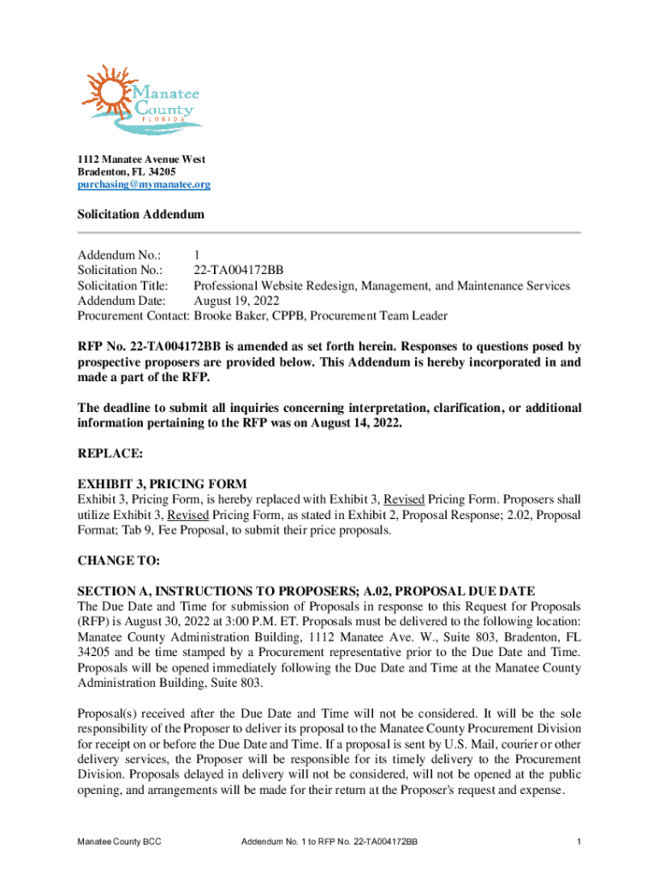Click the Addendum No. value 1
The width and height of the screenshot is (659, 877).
pyautogui.click(x=197, y=254)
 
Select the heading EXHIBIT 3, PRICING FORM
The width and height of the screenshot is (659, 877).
pyautogui.click(x=163, y=484)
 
